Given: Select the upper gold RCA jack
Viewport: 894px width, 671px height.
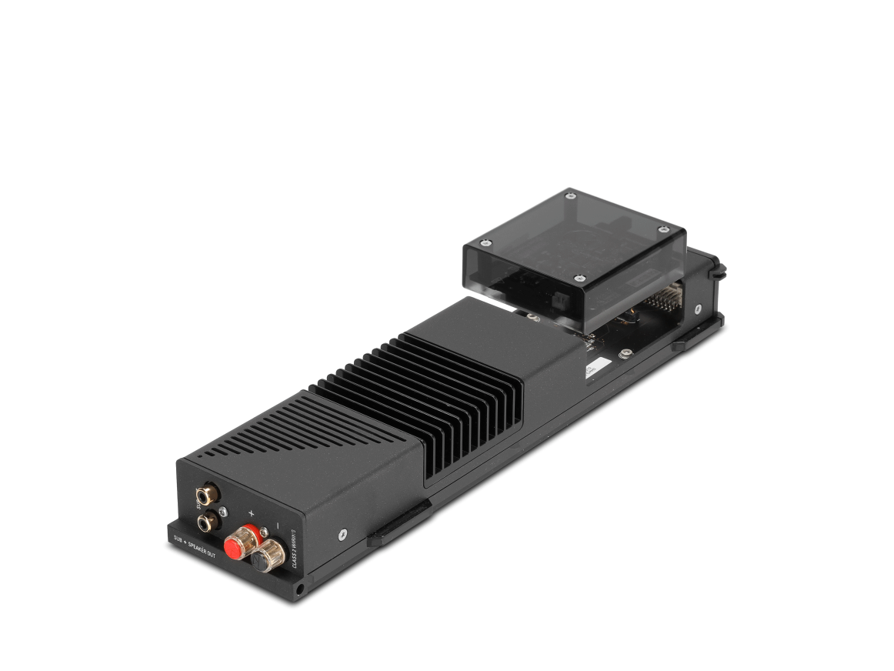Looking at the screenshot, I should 206,492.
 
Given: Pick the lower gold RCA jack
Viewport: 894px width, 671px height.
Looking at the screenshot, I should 206,523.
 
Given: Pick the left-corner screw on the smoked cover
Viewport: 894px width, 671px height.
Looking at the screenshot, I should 485,243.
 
